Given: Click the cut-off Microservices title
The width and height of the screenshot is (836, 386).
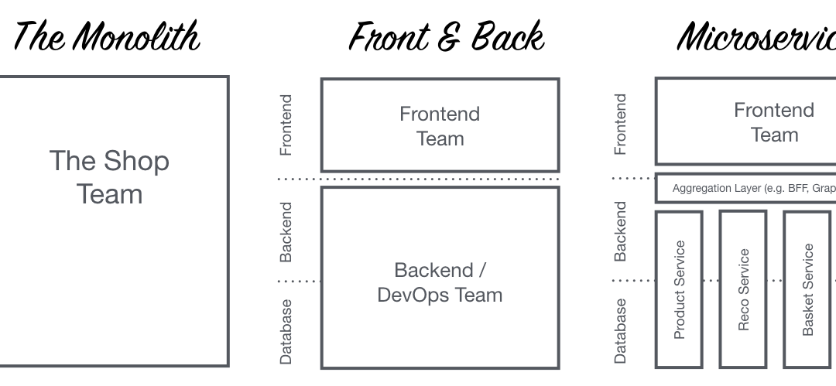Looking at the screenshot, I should point(755,36).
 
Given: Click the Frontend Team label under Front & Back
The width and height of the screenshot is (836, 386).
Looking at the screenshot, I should point(440,126).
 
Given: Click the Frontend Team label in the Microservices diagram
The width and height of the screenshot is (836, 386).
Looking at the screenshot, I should point(774,122).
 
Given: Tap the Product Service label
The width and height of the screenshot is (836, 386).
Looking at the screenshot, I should point(680,289).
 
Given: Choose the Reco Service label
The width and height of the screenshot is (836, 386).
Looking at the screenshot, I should point(743,289).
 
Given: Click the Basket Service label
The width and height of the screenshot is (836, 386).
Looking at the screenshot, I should point(807,289).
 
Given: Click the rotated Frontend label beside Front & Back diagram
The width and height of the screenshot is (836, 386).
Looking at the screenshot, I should point(286,125).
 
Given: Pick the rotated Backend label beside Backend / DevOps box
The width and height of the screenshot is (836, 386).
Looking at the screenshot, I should point(286,231).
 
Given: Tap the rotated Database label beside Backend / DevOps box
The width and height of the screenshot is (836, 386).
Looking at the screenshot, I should point(286,331).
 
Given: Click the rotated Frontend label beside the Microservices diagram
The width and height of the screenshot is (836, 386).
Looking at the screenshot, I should point(621,125).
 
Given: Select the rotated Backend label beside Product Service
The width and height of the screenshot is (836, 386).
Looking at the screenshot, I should point(621,231).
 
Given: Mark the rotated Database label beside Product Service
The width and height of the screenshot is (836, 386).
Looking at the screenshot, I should point(621,331).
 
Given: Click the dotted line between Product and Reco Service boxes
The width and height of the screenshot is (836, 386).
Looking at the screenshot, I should point(711,281).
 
